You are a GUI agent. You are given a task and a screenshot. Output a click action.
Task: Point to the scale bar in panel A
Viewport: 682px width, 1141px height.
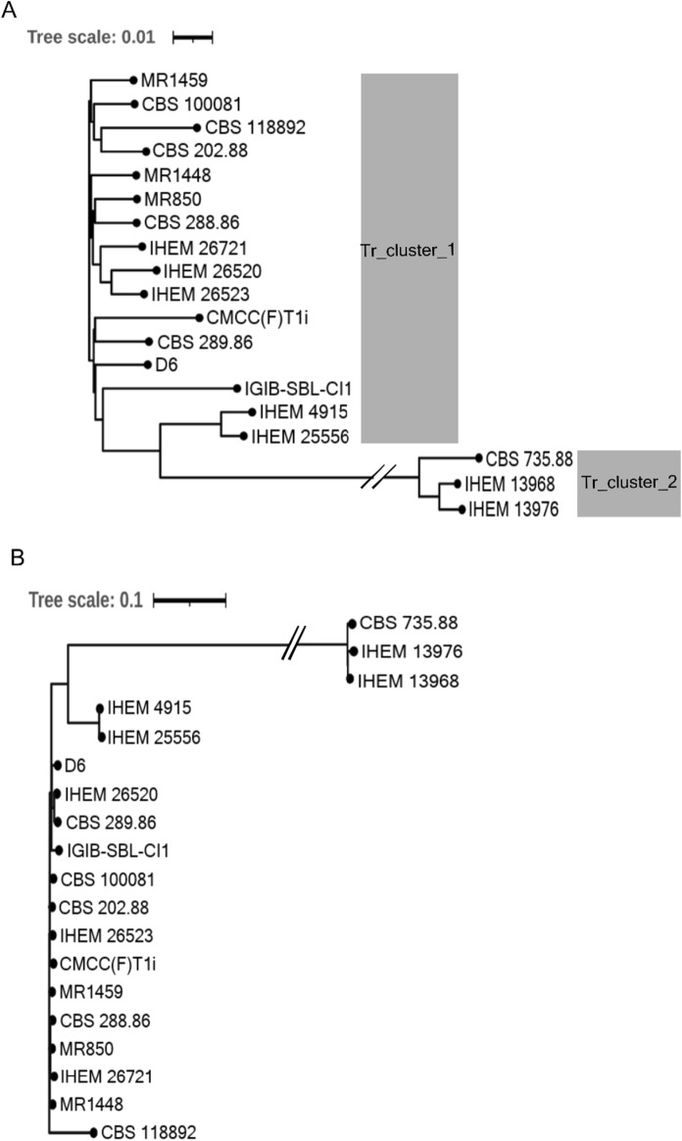click(x=192, y=38)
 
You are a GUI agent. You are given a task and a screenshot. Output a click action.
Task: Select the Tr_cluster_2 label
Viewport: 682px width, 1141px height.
click(x=627, y=482)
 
